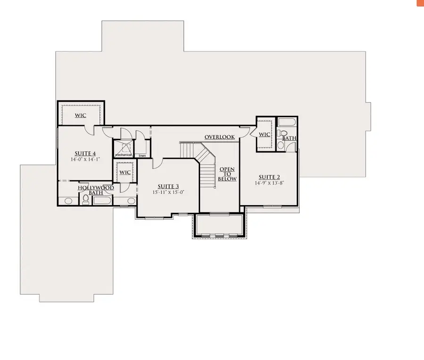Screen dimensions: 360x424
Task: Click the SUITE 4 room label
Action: coord(85,153)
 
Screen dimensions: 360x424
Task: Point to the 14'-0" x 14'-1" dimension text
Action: coord(85,160)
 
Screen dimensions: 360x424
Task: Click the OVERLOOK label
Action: coord(220,137)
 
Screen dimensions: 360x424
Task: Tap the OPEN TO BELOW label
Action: coord(227,174)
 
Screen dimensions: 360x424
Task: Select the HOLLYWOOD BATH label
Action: coord(96,190)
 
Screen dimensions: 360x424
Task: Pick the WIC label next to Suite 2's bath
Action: coord(264,135)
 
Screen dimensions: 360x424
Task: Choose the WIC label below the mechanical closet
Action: coord(125,172)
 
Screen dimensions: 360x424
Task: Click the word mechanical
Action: coord(123,155)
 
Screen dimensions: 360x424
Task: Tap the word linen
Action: coord(141,155)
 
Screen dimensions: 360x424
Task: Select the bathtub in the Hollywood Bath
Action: coord(102,201)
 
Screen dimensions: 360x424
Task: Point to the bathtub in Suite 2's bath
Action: coord(286,123)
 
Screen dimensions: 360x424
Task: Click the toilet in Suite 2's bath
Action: coord(281,145)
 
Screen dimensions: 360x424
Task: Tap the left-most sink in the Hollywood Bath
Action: coord(68,201)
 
